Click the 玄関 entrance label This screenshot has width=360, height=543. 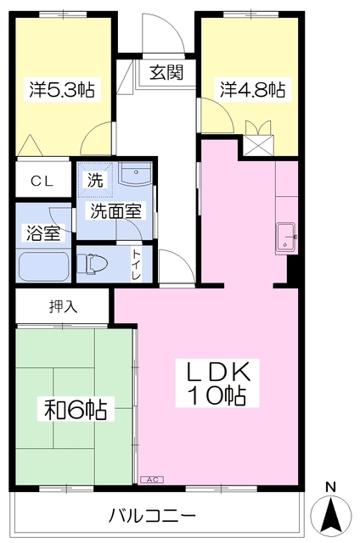pos(167,73)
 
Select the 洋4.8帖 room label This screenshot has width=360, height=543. pos(252,88)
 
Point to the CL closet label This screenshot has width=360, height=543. pos(42,180)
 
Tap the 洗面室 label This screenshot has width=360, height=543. pos(115,210)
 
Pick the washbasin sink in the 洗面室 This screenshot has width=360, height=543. pos(134,176)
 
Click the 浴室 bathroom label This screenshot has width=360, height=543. pos(42,232)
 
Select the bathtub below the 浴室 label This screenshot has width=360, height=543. pos(43,266)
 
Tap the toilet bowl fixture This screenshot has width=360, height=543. pos(94,265)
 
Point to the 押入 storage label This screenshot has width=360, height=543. pos(61,306)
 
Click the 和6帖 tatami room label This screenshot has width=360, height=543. pos(75,411)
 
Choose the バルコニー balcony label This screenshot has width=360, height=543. pos(153,515)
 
